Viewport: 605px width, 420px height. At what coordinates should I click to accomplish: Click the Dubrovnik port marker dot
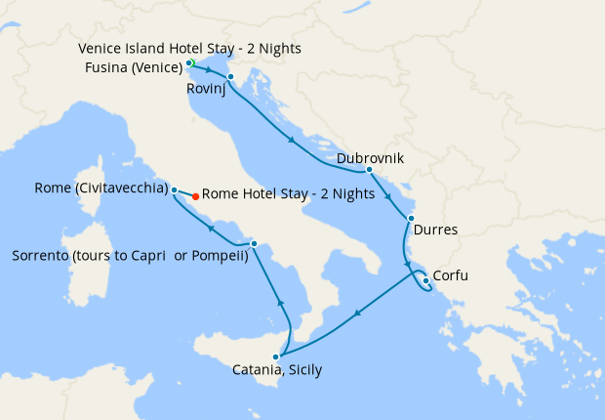click(x=369, y=170)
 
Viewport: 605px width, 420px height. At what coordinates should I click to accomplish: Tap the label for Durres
click(x=435, y=231)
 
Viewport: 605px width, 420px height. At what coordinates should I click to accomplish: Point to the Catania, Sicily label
click(x=277, y=370)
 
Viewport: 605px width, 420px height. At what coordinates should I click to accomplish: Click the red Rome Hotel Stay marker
click(x=196, y=196)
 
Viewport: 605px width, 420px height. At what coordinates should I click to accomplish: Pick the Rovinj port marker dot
click(x=230, y=77)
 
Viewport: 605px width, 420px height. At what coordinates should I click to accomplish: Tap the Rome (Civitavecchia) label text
click(x=100, y=189)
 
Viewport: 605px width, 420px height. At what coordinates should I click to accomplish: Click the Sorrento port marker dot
click(x=254, y=243)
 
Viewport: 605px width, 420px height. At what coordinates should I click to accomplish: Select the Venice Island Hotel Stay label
click(x=189, y=49)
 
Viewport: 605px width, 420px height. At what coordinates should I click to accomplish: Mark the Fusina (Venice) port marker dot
click(x=188, y=63)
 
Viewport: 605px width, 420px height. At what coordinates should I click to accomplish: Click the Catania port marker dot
click(x=277, y=357)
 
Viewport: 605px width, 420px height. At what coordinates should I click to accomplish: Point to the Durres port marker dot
click(x=411, y=218)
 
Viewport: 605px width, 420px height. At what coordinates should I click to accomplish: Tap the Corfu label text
click(x=450, y=275)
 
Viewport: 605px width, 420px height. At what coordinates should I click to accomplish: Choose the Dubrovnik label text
click(x=370, y=157)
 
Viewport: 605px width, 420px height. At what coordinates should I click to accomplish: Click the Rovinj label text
click(x=208, y=90)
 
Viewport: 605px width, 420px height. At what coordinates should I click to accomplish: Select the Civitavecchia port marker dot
click(x=174, y=189)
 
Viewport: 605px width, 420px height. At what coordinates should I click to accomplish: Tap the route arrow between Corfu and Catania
click(x=358, y=314)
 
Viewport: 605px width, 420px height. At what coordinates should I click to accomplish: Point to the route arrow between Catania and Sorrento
click(x=280, y=304)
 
